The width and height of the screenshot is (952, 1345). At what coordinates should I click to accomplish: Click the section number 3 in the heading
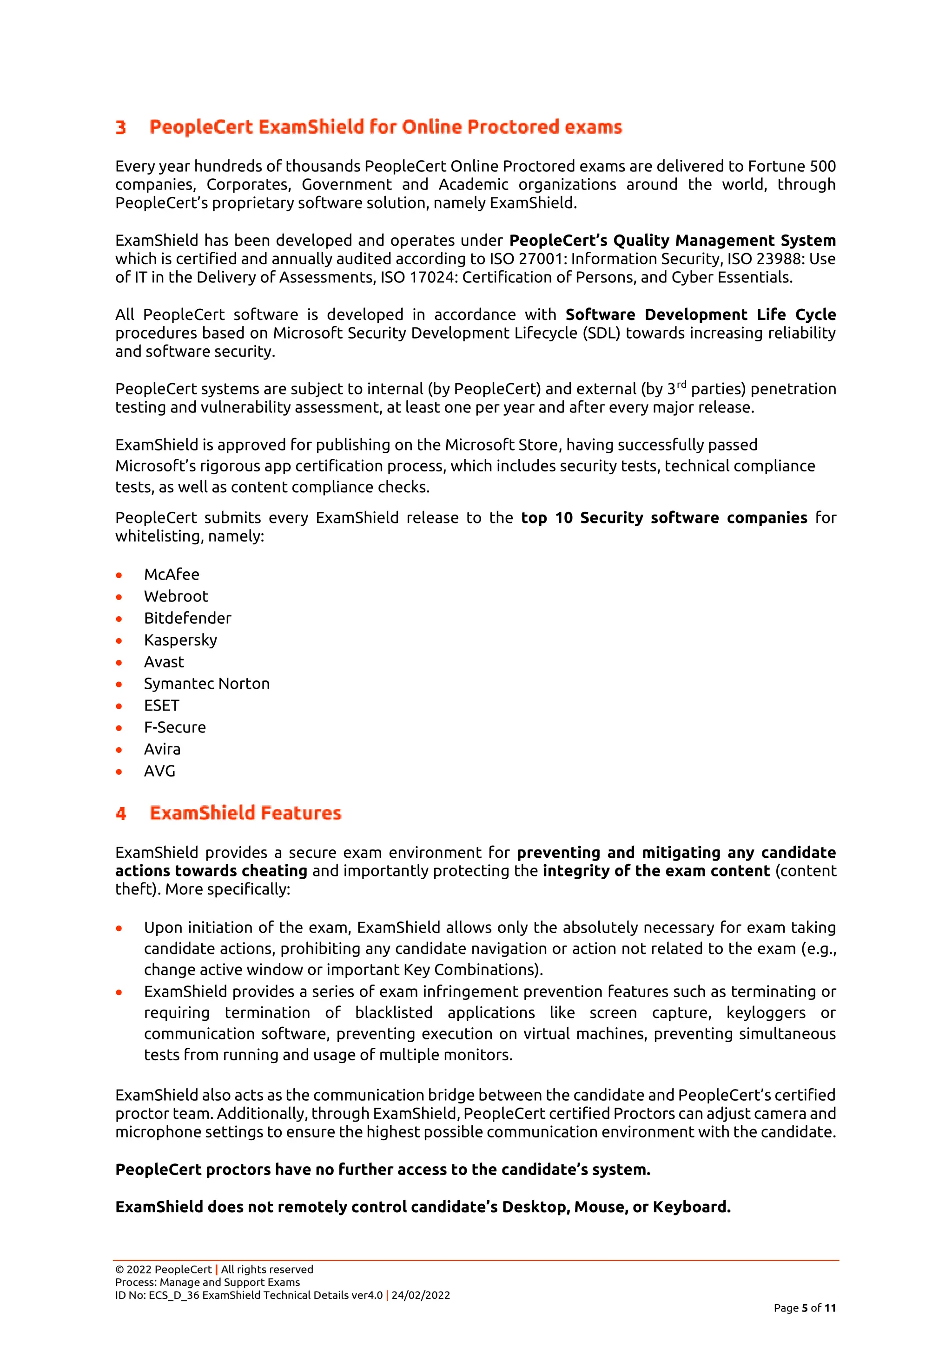click(120, 127)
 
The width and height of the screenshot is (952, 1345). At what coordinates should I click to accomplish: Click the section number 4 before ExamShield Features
click(121, 814)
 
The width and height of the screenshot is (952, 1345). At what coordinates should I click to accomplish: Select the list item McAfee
click(171, 574)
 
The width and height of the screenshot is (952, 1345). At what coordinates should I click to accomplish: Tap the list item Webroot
click(176, 596)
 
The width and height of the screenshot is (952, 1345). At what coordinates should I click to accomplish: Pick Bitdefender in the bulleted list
click(188, 618)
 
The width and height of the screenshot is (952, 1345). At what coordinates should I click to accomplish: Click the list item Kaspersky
click(180, 640)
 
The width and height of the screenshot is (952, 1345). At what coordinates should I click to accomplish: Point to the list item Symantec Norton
click(206, 684)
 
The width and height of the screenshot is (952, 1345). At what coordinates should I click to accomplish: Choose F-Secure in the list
click(175, 728)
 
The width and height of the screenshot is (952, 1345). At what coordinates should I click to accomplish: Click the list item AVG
click(159, 771)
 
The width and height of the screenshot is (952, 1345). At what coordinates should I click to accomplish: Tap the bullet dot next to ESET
click(119, 706)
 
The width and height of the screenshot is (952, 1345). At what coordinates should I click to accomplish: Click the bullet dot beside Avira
click(119, 750)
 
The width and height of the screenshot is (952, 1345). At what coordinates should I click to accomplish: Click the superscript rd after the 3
click(681, 385)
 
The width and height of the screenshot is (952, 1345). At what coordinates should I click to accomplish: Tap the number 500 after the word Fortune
click(822, 166)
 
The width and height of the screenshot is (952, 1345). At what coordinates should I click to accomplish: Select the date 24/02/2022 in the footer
click(420, 1295)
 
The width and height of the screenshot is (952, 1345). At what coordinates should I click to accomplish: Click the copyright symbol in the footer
click(119, 1269)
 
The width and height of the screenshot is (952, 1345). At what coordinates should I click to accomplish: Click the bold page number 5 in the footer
click(804, 1308)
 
